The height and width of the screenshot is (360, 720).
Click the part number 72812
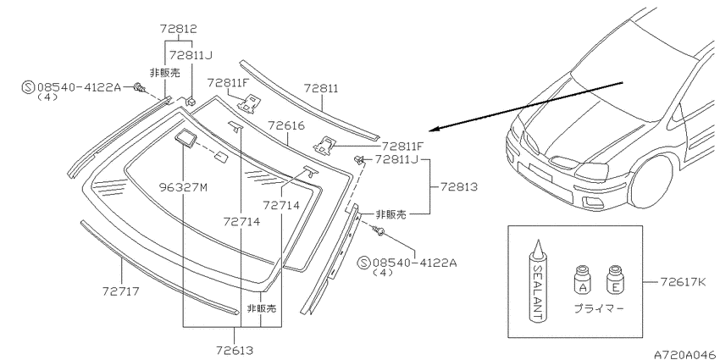(178, 29)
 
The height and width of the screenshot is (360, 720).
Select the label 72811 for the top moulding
(320, 88)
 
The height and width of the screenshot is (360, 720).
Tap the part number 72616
(286, 125)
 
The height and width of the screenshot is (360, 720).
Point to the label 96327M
(183, 187)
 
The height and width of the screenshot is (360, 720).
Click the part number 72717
(120, 291)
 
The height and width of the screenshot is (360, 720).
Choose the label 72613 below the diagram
(235, 351)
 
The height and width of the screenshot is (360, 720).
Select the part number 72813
(459, 187)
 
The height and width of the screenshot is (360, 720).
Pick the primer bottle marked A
(583, 280)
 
